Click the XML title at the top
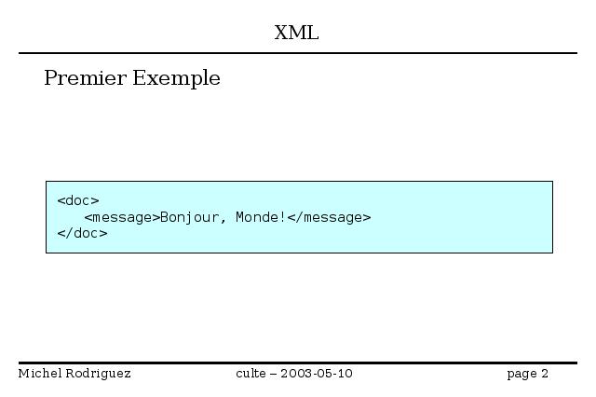click(x=296, y=33)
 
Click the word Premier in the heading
click(x=85, y=78)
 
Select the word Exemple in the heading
click(x=176, y=78)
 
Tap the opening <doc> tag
click(x=78, y=200)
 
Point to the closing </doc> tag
click(x=83, y=233)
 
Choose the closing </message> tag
click(x=329, y=217)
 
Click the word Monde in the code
click(x=257, y=217)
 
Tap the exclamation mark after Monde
click(x=282, y=217)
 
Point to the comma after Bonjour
click(x=223, y=221)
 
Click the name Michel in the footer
click(x=40, y=374)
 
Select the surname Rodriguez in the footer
click(x=98, y=374)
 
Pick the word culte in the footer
click(x=251, y=374)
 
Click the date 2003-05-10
click(x=317, y=374)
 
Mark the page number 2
click(x=545, y=374)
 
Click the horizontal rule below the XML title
click(x=298, y=53)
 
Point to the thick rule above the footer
click(x=298, y=363)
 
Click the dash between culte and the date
click(x=273, y=375)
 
